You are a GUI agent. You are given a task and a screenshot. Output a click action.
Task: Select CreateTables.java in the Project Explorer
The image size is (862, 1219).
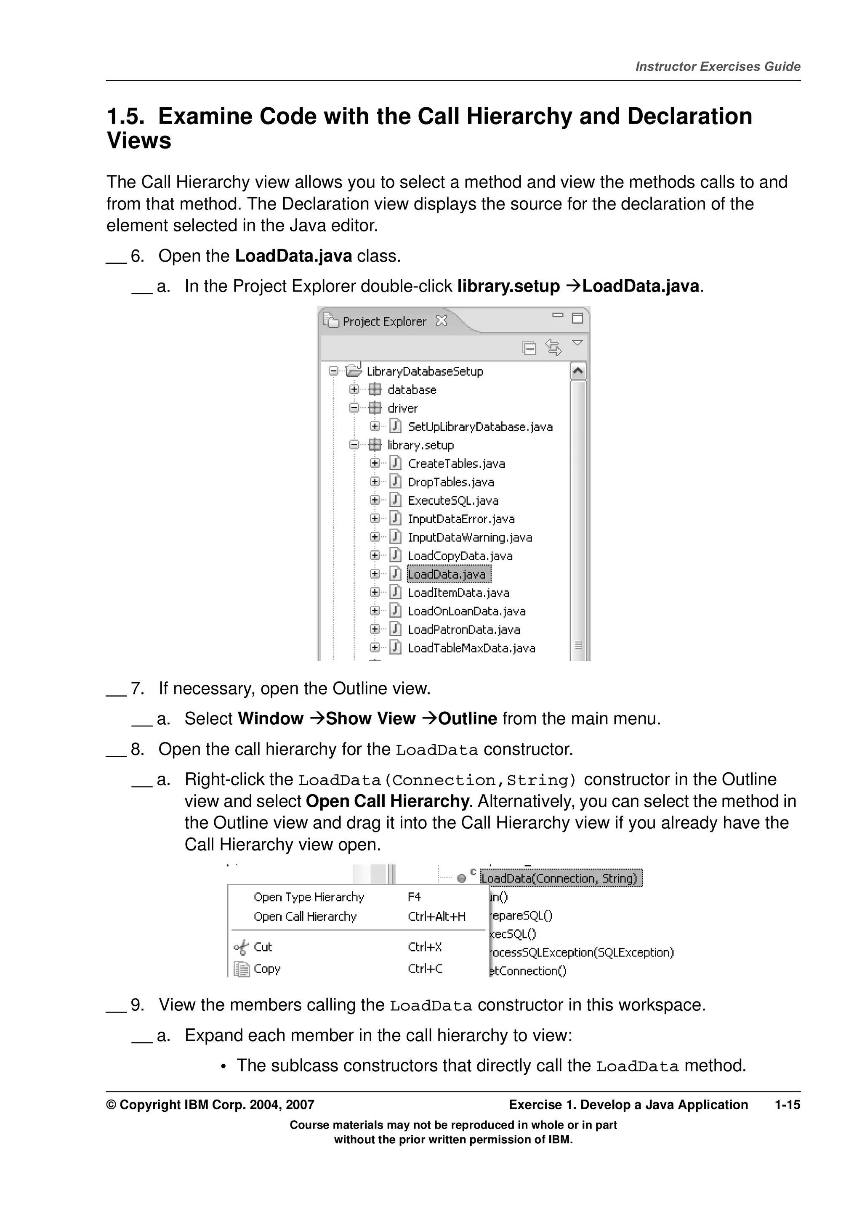pyautogui.click(x=456, y=464)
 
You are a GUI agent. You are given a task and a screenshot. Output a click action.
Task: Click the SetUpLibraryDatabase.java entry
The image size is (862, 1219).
pyautogui.click(x=479, y=427)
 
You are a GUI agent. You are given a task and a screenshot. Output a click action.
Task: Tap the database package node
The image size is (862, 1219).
pyautogui.click(x=411, y=390)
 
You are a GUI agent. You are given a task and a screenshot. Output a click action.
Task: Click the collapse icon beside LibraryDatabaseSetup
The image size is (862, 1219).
pyautogui.click(x=333, y=371)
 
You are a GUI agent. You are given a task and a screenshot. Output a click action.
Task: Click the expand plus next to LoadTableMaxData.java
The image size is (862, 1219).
pyautogui.click(x=375, y=648)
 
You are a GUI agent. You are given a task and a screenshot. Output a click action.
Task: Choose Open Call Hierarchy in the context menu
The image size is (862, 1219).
pyautogui.click(x=305, y=917)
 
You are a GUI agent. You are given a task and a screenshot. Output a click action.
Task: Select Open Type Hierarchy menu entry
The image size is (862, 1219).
pyautogui.click(x=309, y=897)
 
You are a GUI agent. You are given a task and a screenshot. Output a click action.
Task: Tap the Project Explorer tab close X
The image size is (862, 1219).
pyautogui.click(x=442, y=321)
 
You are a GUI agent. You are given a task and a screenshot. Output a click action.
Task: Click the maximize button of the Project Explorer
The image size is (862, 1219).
pyautogui.click(x=577, y=318)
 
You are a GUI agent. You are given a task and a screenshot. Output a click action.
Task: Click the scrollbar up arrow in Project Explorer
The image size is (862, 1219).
pyautogui.click(x=578, y=371)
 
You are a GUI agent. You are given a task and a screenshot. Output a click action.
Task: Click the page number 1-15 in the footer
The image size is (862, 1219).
pyautogui.click(x=787, y=1105)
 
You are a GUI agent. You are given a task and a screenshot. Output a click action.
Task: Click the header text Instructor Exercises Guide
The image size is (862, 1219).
pyautogui.click(x=718, y=67)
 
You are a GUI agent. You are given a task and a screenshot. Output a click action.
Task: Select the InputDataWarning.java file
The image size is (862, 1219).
pyautogui.click(x=469, y=537)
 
